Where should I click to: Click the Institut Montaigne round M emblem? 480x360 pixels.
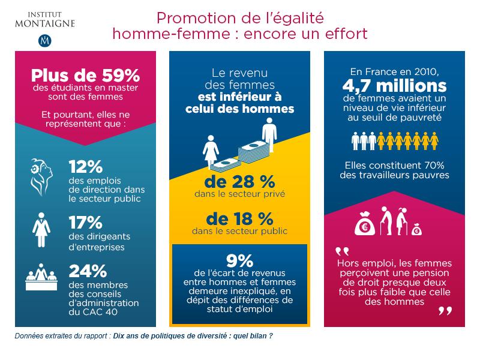point(43,41)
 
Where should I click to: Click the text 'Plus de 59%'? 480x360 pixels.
point(86,77)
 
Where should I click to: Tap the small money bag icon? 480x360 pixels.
point(417,229)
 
